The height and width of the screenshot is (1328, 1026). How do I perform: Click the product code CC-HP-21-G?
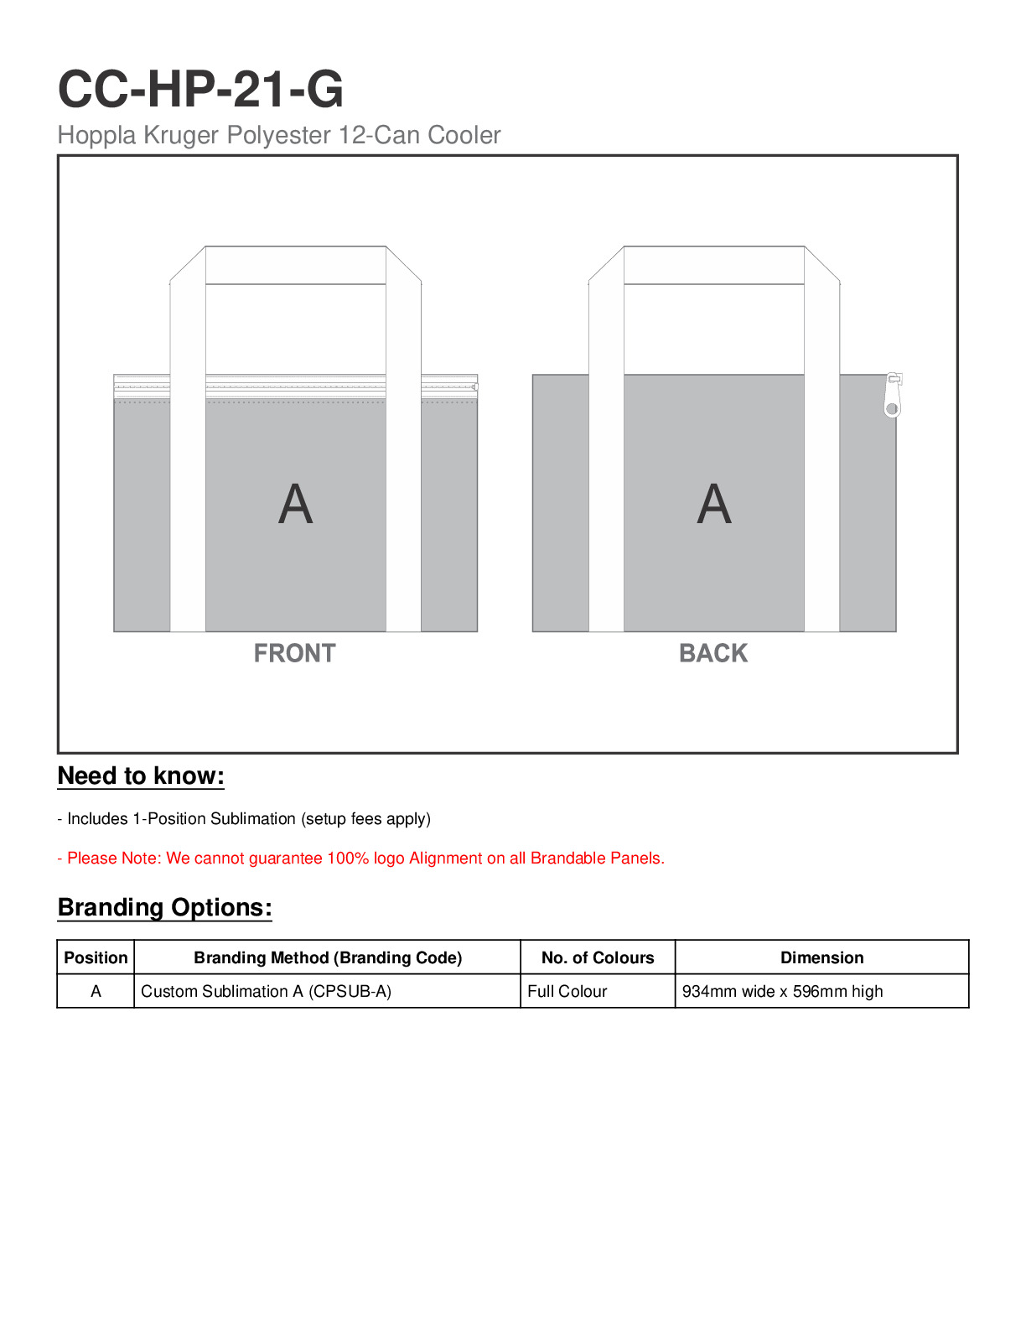[x=200, y=89]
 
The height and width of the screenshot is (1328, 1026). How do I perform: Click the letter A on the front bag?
[x=295, y=505]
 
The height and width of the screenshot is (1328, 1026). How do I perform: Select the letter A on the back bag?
[x=713, y=505]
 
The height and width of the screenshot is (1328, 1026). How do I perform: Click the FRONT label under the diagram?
[x=294, y=653]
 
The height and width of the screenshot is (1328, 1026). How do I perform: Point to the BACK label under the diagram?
[x=712, y=653]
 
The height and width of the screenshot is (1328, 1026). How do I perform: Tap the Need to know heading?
[x=141, y=776]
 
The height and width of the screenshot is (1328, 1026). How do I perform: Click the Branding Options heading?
[x=164, y=908]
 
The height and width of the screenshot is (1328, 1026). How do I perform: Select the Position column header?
[x=96, y=957]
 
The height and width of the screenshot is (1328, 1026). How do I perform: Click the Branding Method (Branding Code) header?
[x=328, y=957]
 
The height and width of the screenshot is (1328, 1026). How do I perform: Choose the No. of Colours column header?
[x=598, y=957]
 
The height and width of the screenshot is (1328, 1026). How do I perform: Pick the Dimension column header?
[x=821, y=957]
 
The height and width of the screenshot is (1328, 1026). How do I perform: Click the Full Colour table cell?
[x=567, y=991]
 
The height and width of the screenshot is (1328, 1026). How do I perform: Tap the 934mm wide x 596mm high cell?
[x=782, y=991]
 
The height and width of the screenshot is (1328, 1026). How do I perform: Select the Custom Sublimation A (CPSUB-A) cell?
[x=266, y=991]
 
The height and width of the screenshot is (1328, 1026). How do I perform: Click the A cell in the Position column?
[x=96, y=991]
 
